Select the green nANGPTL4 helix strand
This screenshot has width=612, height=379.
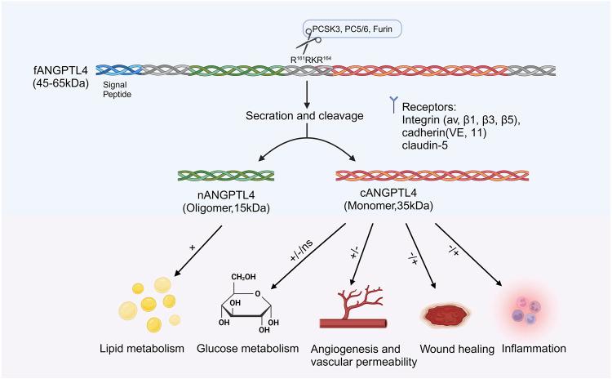[225, 176]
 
